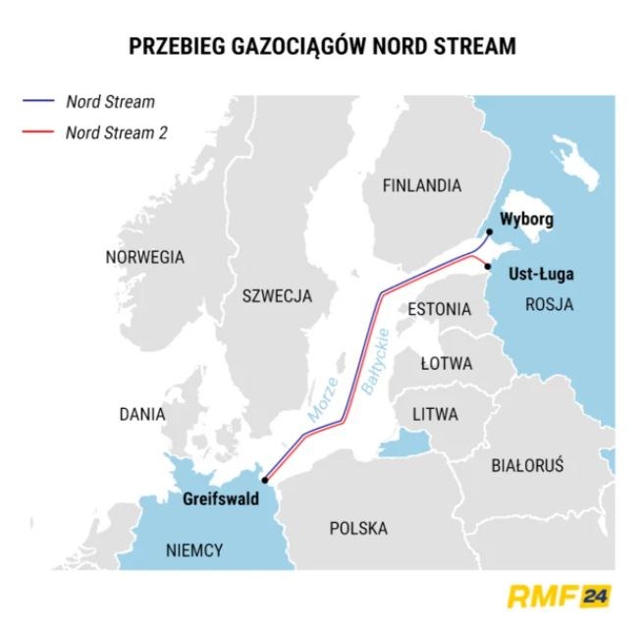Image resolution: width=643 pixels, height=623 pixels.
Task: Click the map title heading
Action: tap(321, 45)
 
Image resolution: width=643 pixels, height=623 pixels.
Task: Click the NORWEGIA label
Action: tap(144, 257)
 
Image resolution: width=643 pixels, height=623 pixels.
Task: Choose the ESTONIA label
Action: tap(439, 308)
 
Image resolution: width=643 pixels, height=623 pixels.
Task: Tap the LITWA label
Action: tap(435, 414)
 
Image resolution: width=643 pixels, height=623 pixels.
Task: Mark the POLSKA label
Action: tap(358, 528)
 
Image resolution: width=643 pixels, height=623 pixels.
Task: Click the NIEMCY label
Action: tap(194, 549)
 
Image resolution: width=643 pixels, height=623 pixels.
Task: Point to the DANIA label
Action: tap(142, 414)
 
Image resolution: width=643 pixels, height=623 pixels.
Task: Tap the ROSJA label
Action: tap(549, 303)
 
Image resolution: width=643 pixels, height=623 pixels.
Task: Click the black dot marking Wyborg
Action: tap(490, 232)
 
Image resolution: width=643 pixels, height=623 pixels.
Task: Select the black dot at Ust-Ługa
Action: tap(488, 266)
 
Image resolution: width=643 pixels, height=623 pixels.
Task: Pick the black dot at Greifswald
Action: tap(265, 482)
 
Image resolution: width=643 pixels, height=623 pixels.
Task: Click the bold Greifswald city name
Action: tap(221, 498)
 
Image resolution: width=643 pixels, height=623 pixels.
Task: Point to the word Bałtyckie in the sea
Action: tap(377, 361)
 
